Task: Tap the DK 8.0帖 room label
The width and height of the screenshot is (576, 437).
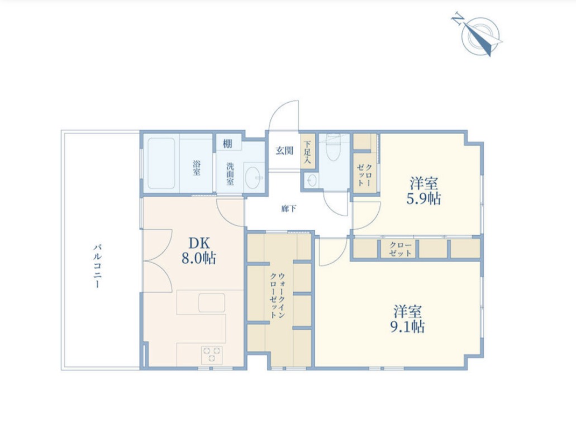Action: [199, 251]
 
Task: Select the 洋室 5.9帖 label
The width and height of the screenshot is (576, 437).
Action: [423, 191]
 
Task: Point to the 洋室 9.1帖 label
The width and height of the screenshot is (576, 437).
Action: [407, 319]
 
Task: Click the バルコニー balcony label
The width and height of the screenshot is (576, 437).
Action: [97, 265]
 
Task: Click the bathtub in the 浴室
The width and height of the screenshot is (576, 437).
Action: [161, 164]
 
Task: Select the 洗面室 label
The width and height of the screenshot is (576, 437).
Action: [230, 174]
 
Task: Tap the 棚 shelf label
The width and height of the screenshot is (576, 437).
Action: [227, 144]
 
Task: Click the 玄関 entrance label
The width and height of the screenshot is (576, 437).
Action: [284, 150]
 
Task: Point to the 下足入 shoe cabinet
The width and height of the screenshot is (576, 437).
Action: [307, 151]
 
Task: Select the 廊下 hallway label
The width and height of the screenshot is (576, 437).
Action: [289, 209]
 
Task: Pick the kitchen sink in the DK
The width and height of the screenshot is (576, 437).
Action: [212, 303]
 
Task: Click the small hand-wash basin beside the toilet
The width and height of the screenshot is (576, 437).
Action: [312, 180]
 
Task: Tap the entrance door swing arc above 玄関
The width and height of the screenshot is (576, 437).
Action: [283, 116]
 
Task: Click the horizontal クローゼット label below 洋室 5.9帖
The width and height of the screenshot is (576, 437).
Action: [399, 249]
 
